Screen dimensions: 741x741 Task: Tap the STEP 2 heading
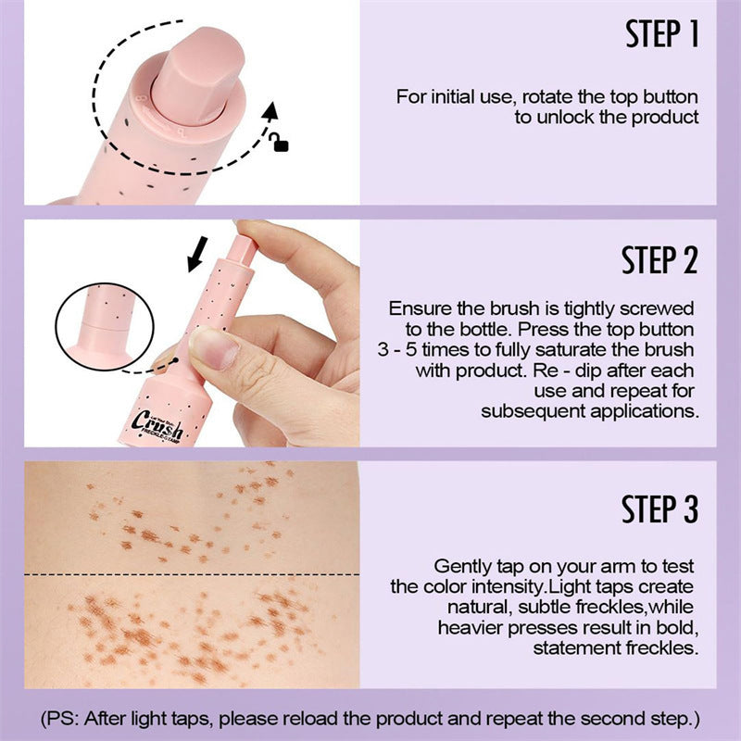[x=659, y=260]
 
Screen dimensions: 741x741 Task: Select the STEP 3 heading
[x=659, y=509]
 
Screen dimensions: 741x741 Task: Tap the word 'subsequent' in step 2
[x=524, y=410]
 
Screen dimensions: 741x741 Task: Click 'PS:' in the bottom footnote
[x=71, y=718]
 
